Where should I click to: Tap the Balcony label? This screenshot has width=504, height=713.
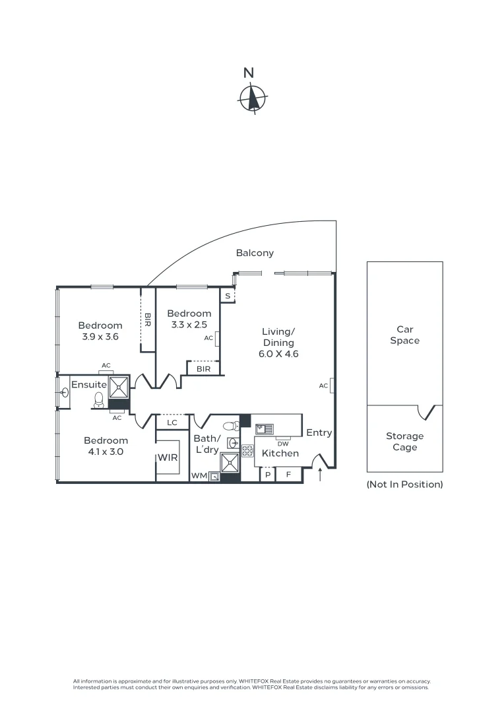click(255, 253)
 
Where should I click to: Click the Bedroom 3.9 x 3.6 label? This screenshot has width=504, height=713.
click(100, 331)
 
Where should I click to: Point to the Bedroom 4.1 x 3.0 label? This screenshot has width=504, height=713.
click(106, 446)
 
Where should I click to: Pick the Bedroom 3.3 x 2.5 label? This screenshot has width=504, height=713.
click(189, 319)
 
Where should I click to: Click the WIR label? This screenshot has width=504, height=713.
click(168, 458)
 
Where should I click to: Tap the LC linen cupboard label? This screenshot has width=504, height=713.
click(172, 423)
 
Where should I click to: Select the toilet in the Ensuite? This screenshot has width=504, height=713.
click(99, 399)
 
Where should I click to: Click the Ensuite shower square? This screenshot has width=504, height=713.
click(119, 387)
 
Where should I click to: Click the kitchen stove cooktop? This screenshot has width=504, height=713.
click(247, 452)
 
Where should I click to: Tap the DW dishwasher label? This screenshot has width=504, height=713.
click(283, 444)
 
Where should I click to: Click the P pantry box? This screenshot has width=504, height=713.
click(268, 474)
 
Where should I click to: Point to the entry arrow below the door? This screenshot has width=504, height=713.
click(321, 474)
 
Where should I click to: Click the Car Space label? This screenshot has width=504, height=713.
click(405, 335)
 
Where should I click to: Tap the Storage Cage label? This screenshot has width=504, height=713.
click(405, 442)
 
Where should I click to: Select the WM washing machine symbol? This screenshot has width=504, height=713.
click(214, 475)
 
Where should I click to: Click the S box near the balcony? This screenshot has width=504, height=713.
click(228, 296)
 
